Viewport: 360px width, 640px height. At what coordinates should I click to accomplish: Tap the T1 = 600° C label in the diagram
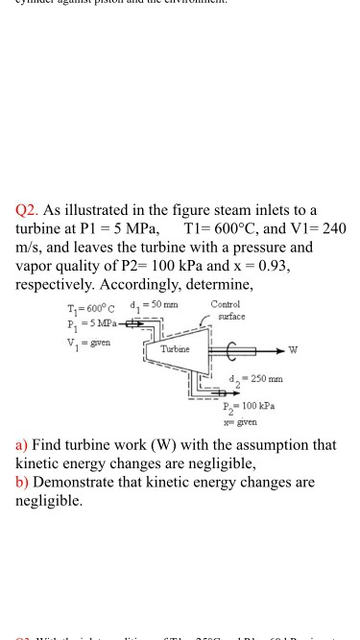tap(91, 307)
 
